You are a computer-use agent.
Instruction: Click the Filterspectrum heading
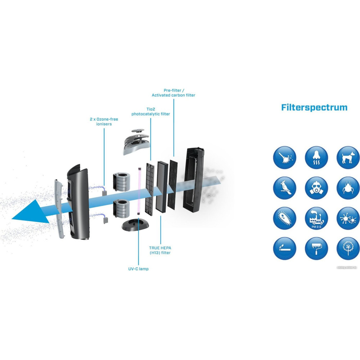coord(314,107)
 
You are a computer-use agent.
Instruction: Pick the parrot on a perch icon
coord(284,188)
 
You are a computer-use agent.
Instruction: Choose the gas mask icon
coord(316,188)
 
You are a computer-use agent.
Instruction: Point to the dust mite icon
coord(348,188)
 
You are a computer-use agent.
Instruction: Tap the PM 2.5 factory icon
coord(316,219)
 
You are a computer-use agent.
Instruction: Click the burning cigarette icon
coord(284,248)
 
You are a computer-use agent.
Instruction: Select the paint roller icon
coord(316,248)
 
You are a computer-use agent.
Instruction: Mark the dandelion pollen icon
coord(348,248)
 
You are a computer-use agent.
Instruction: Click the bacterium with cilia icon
coord(284,219)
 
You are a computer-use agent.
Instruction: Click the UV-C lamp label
coord(139,269)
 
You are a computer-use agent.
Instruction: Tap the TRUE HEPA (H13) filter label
coord(159,250)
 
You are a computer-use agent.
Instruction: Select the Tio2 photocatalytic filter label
coord(150,112)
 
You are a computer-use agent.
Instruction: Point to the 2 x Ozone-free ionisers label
coord(104,121)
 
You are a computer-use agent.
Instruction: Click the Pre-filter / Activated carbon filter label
coord(174,93)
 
